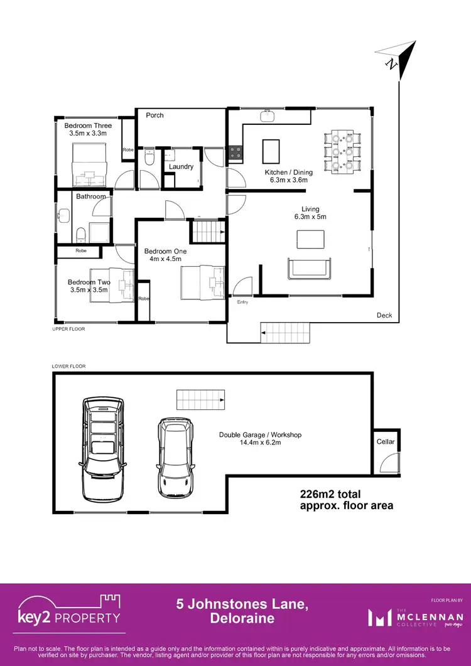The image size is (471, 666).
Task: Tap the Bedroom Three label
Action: point(88,126)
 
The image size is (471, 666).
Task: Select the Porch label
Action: point(154,115)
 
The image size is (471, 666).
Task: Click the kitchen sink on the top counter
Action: point(267,115)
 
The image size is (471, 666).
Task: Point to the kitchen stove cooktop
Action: point(235,151)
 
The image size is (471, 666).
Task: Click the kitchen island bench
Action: point(271,150)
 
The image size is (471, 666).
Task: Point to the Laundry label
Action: point(181,167)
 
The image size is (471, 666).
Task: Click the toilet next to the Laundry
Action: point(149,158)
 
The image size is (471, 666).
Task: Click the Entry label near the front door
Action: point(242,302)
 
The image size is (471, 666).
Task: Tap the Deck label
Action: point(384,315)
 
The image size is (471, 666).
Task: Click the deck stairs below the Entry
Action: point(286,332)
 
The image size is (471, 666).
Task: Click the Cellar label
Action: point(386,442)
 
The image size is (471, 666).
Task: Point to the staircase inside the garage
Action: point(200,399)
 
